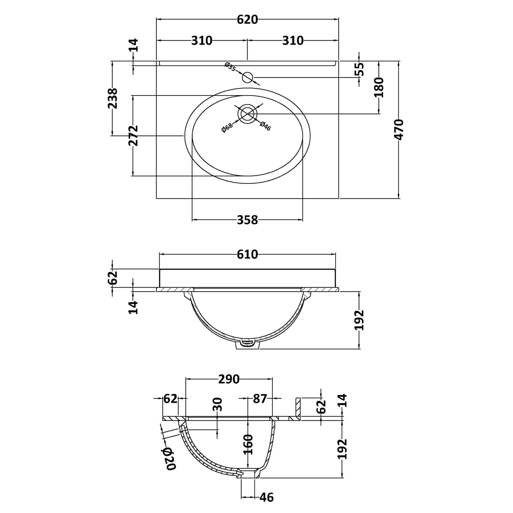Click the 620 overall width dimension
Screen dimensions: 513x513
pyautogui.click(x=247, y=20)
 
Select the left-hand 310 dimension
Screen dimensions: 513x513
pyautogui.click(x=202, y=41)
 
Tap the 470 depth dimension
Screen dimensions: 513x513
pyautogui.click(x=399, y=130)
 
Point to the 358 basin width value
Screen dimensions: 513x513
pyautogui.click(x=247, y=220)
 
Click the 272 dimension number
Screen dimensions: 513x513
pyautogui.click(x=133, y=136)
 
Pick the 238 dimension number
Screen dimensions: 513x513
pyautogui.click(x=112, y=98)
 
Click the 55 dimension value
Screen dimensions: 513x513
pyautogui.click(x=360, y=69)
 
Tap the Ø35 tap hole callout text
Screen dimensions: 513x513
pyautogui.click(x=230, y=67)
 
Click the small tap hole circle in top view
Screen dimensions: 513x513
pyautogui.click(x=247, y=77)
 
